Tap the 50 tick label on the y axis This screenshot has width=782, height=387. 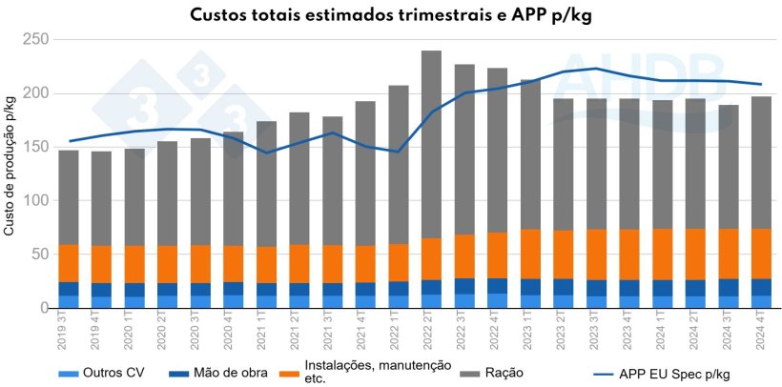pyautogui.click(x=39, y=255)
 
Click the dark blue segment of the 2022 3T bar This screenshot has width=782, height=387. pyautogui.click(x=463, y=286)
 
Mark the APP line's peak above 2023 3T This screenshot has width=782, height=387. pyautogui.click(x=595, y=69)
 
